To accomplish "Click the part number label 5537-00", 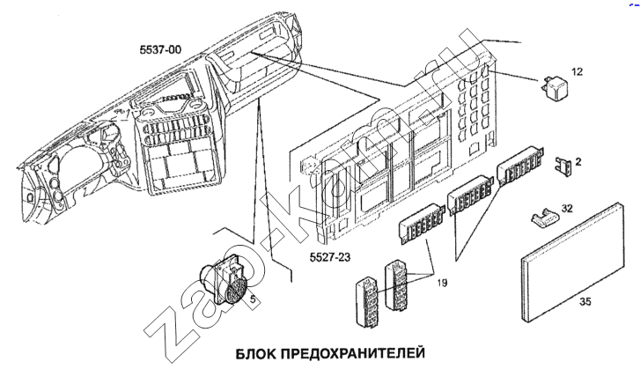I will tap(159, 50).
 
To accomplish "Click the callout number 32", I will tap(568, 209).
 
